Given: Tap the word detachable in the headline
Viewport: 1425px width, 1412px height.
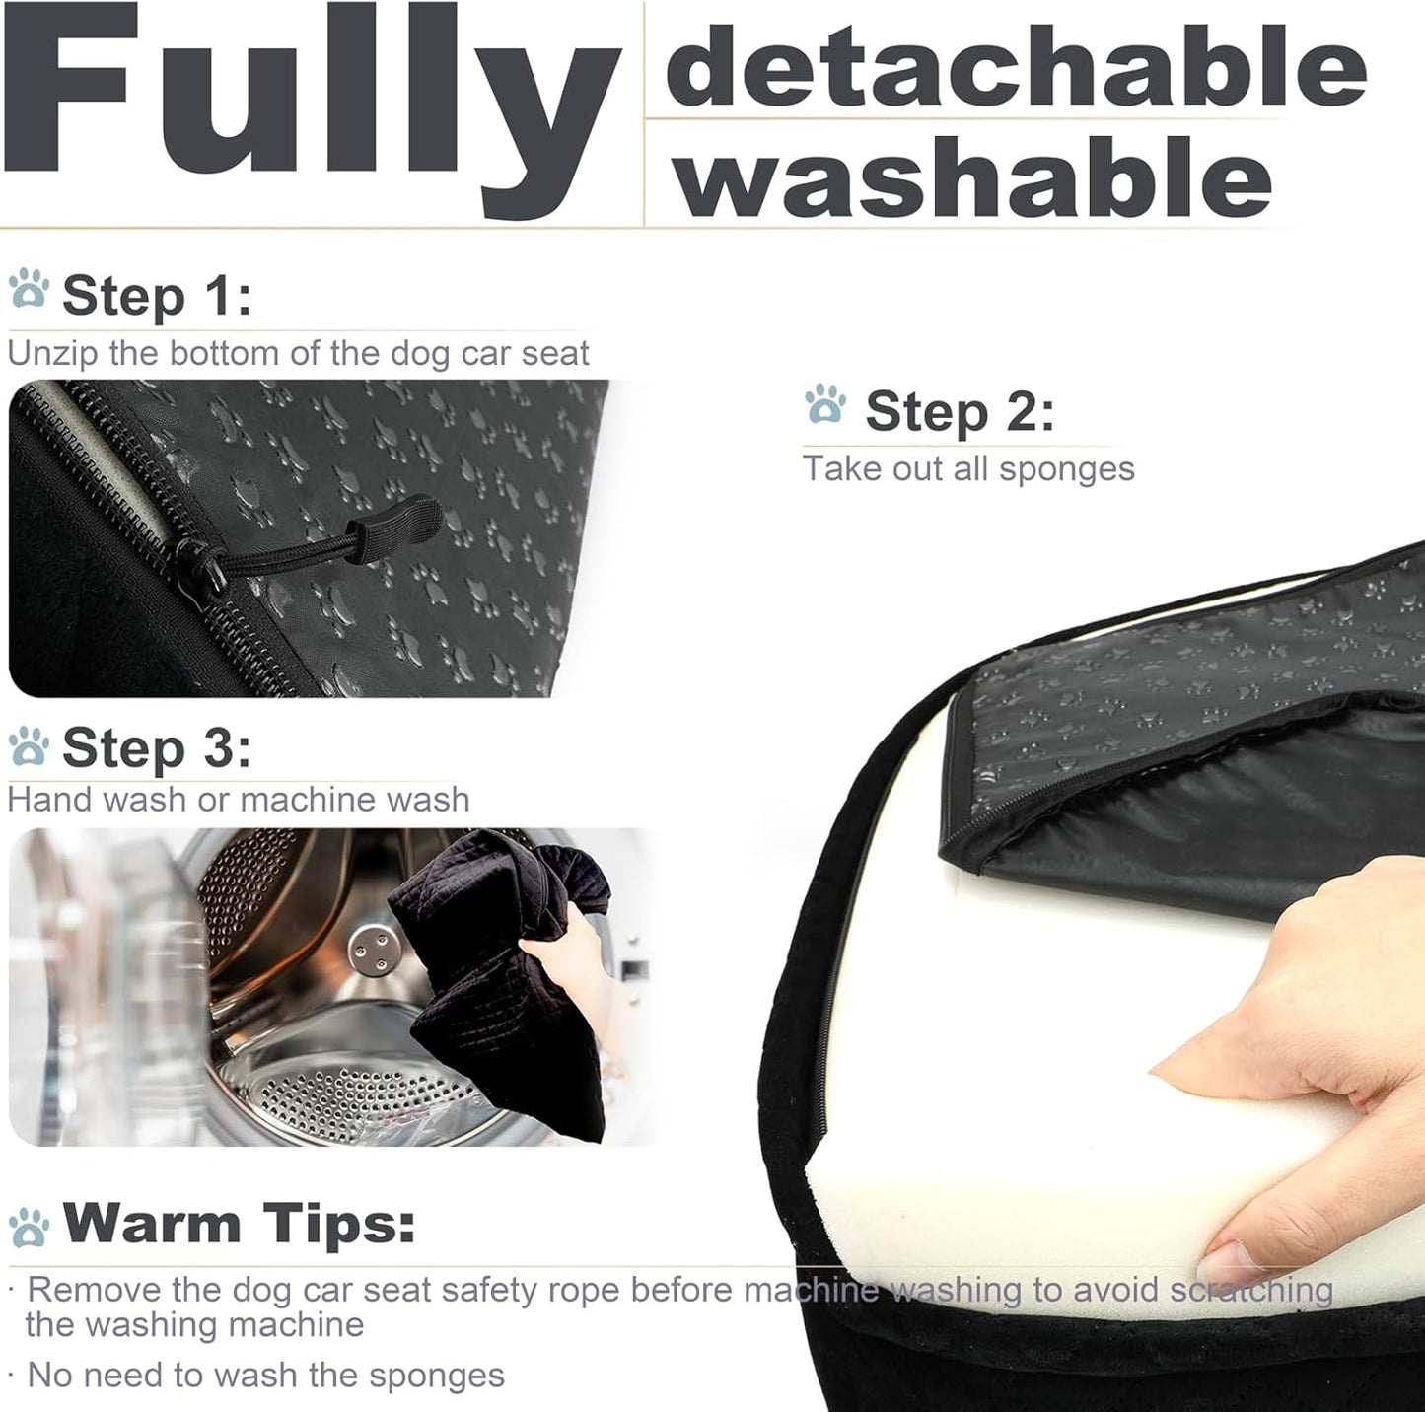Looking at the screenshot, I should click(x=1016, y=67).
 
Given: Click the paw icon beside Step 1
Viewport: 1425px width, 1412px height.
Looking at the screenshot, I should click(x=29, y=290).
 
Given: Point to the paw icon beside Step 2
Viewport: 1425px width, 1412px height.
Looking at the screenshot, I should click(x=825, y=405).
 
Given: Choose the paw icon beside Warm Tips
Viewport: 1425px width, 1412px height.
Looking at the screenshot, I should click(x=29, y=1228).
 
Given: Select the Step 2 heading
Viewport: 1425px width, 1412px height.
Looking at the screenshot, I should click(x=960, y=411).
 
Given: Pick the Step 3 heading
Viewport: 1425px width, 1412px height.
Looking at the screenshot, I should click(x=157, y=748).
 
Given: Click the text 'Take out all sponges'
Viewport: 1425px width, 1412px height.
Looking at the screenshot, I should click(x=968, y=468).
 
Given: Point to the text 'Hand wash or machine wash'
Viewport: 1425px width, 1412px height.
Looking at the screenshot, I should click(x=239, y=799).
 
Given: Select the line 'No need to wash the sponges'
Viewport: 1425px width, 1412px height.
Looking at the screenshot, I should click(x=265, y=1375).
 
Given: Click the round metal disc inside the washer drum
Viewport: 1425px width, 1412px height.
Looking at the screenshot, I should click(x=371, y=947).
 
